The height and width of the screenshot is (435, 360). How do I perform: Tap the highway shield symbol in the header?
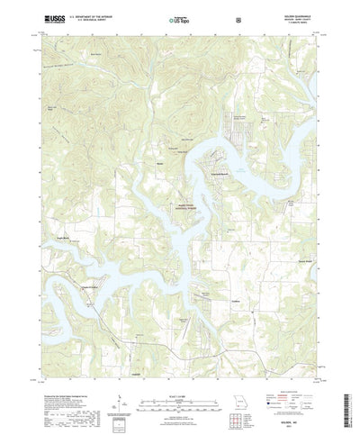click(x=238, y=17)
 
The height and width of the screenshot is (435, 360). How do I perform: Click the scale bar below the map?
click(x=178, y=394)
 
